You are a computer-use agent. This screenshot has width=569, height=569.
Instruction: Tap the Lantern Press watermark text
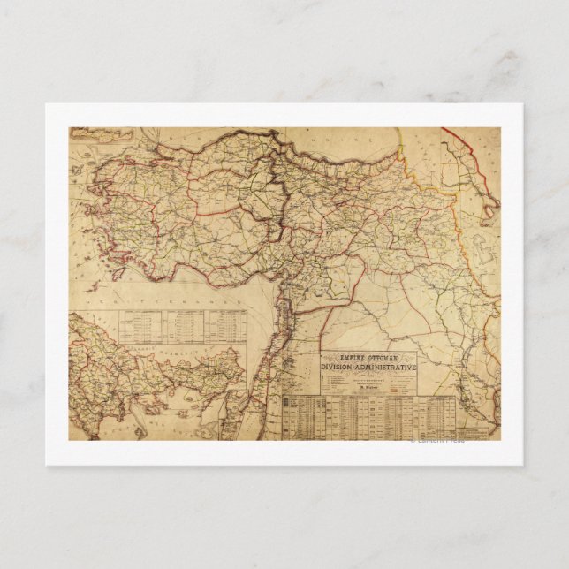436,440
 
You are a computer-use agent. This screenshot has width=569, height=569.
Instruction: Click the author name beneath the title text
366,385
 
